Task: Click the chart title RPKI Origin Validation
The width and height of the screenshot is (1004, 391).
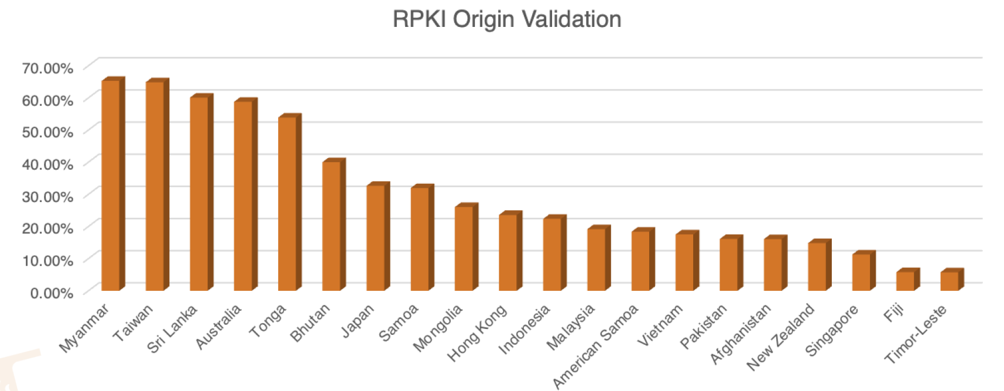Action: (x=506, y=19)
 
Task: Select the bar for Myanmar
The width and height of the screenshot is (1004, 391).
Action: (x=111, y=184)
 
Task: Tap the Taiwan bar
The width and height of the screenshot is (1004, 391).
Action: (x=155, y=185)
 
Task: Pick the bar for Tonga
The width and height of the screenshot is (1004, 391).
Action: (x=287, y=203)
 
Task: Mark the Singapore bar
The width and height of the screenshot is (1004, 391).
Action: (x=861, y=272)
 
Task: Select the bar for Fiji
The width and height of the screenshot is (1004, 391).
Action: (x=906, y=280)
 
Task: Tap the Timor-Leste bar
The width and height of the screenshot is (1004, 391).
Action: (x=950, y=280)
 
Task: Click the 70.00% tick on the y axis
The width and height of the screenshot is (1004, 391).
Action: (x=47, y=68)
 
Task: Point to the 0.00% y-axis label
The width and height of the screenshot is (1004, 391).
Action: (x=52, y=293)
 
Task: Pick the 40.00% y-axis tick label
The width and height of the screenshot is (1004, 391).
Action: (x=47, y=164)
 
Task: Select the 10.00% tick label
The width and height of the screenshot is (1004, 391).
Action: (x=47, y=260)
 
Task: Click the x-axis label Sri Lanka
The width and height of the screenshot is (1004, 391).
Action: (x=172, y=329)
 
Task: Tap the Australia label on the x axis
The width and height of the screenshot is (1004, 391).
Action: (x=218, y=327)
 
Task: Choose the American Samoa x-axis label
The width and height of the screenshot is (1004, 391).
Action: (x=595, y=347)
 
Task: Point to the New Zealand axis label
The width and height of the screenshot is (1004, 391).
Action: (x=780, y=337)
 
